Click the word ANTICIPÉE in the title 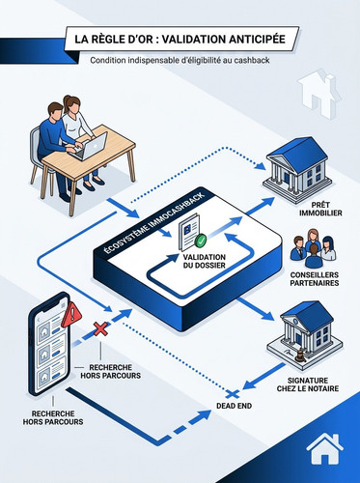257,39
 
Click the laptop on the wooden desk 91,147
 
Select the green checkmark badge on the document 201,240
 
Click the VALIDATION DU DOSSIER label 205,261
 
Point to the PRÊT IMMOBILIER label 320,209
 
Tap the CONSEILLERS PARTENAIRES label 315,279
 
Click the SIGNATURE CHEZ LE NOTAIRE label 308,384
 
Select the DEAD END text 234,406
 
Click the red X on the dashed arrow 100,329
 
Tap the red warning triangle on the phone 72,314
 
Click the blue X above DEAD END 233,394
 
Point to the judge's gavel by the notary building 300,355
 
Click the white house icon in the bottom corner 324,449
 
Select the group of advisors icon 313,248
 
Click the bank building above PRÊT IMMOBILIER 296,170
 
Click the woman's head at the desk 71,103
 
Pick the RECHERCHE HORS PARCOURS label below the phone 53,417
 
